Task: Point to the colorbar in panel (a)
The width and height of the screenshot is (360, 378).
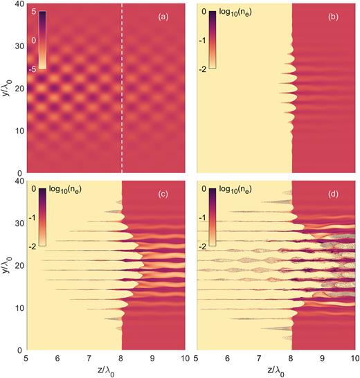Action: (42, 40)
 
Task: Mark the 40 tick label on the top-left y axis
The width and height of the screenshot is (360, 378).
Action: (19, 6)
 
